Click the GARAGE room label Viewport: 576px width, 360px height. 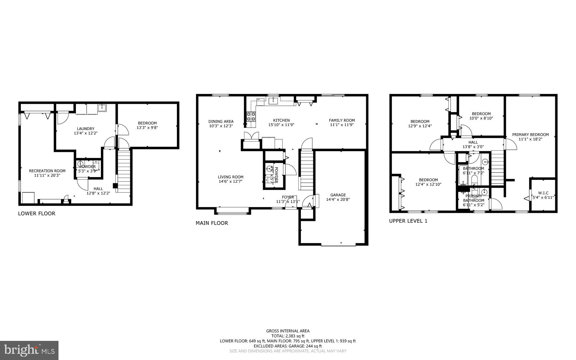[x=338, y=195]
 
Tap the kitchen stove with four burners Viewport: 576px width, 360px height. [x=251, y=117]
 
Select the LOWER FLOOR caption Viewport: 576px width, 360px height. [x=37, y=213]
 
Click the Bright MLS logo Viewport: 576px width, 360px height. [x=29, y=350]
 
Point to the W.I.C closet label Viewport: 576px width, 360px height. [x=543, y=193]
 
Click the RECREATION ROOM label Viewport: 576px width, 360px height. [x=47, y=171]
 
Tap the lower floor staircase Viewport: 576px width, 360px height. [x=124, y=172]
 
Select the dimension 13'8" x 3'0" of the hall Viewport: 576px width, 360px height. [x=473, y=147]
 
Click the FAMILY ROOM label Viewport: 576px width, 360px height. [x=342, y=120]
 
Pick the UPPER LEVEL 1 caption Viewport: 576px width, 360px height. [x=408, y=221]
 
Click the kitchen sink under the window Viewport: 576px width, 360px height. [x=273, y=101]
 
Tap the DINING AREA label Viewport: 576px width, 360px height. [x=221, y=121]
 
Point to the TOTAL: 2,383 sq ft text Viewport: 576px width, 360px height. [x=288, y=336]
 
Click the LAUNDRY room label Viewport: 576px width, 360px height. [x=85, y=129]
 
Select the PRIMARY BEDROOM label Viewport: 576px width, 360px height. [x=530, y=135]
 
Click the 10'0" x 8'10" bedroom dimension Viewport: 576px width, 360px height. [x=481, y=118]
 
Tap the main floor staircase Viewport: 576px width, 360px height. [x=307, y=170]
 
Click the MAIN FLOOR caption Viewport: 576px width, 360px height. [x=212, y=223]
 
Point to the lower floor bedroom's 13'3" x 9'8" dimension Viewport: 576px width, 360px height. [x=147, y=128]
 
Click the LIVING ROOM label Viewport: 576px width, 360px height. [x=230, y=177]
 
